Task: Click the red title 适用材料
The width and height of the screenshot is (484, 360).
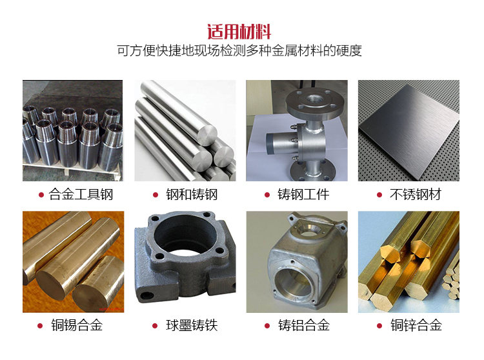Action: click(x=239, y=32)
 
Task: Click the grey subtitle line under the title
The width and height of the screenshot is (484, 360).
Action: click(x=239, y=50)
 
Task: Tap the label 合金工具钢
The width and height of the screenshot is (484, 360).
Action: click(x=81, y=195)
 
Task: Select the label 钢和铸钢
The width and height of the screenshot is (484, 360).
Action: click(x=192, y=195)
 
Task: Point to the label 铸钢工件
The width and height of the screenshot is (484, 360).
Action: click(x=303, y=195)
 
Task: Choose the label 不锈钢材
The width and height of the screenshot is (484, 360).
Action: click(x=416, y=195)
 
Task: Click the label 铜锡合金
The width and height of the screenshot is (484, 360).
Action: click(x=77, y=325)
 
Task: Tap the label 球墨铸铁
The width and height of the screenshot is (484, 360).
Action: click(x=192, y=325)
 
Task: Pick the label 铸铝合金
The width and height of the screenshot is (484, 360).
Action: click(x=304, y=325)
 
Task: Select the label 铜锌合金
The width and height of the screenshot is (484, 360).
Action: click(x=416, y=325)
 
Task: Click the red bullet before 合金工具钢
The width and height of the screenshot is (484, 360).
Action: click(x=41, y=195)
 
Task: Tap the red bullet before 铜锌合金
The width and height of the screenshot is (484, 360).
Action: click(x=379, y=326)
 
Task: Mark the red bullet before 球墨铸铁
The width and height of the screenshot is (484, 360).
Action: click(x=156, y=326)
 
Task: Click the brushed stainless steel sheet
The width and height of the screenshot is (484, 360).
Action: click(x=409, y=131)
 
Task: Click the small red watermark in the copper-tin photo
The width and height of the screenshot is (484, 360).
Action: click(x=110, y=308)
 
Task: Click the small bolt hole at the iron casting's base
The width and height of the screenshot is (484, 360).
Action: click(x=147, y=296)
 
